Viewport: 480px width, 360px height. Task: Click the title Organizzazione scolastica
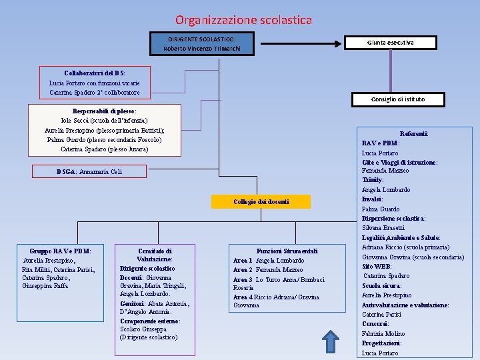243,20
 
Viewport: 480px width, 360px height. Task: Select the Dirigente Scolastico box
201,44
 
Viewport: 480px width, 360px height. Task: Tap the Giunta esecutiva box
390,43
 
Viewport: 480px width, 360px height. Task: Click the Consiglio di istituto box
397,99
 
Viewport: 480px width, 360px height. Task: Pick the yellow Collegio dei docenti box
261,201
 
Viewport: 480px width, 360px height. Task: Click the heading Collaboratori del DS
94,72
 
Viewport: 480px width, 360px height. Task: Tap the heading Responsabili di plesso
104,111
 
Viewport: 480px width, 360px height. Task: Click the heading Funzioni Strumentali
287,251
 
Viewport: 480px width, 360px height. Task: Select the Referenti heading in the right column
413,133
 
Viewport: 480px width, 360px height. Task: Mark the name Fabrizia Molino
383,333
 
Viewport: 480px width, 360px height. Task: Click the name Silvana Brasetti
384,228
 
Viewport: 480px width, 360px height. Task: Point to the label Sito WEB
377,266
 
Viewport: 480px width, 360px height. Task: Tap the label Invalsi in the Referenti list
372,199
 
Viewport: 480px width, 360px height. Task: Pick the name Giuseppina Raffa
45,285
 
